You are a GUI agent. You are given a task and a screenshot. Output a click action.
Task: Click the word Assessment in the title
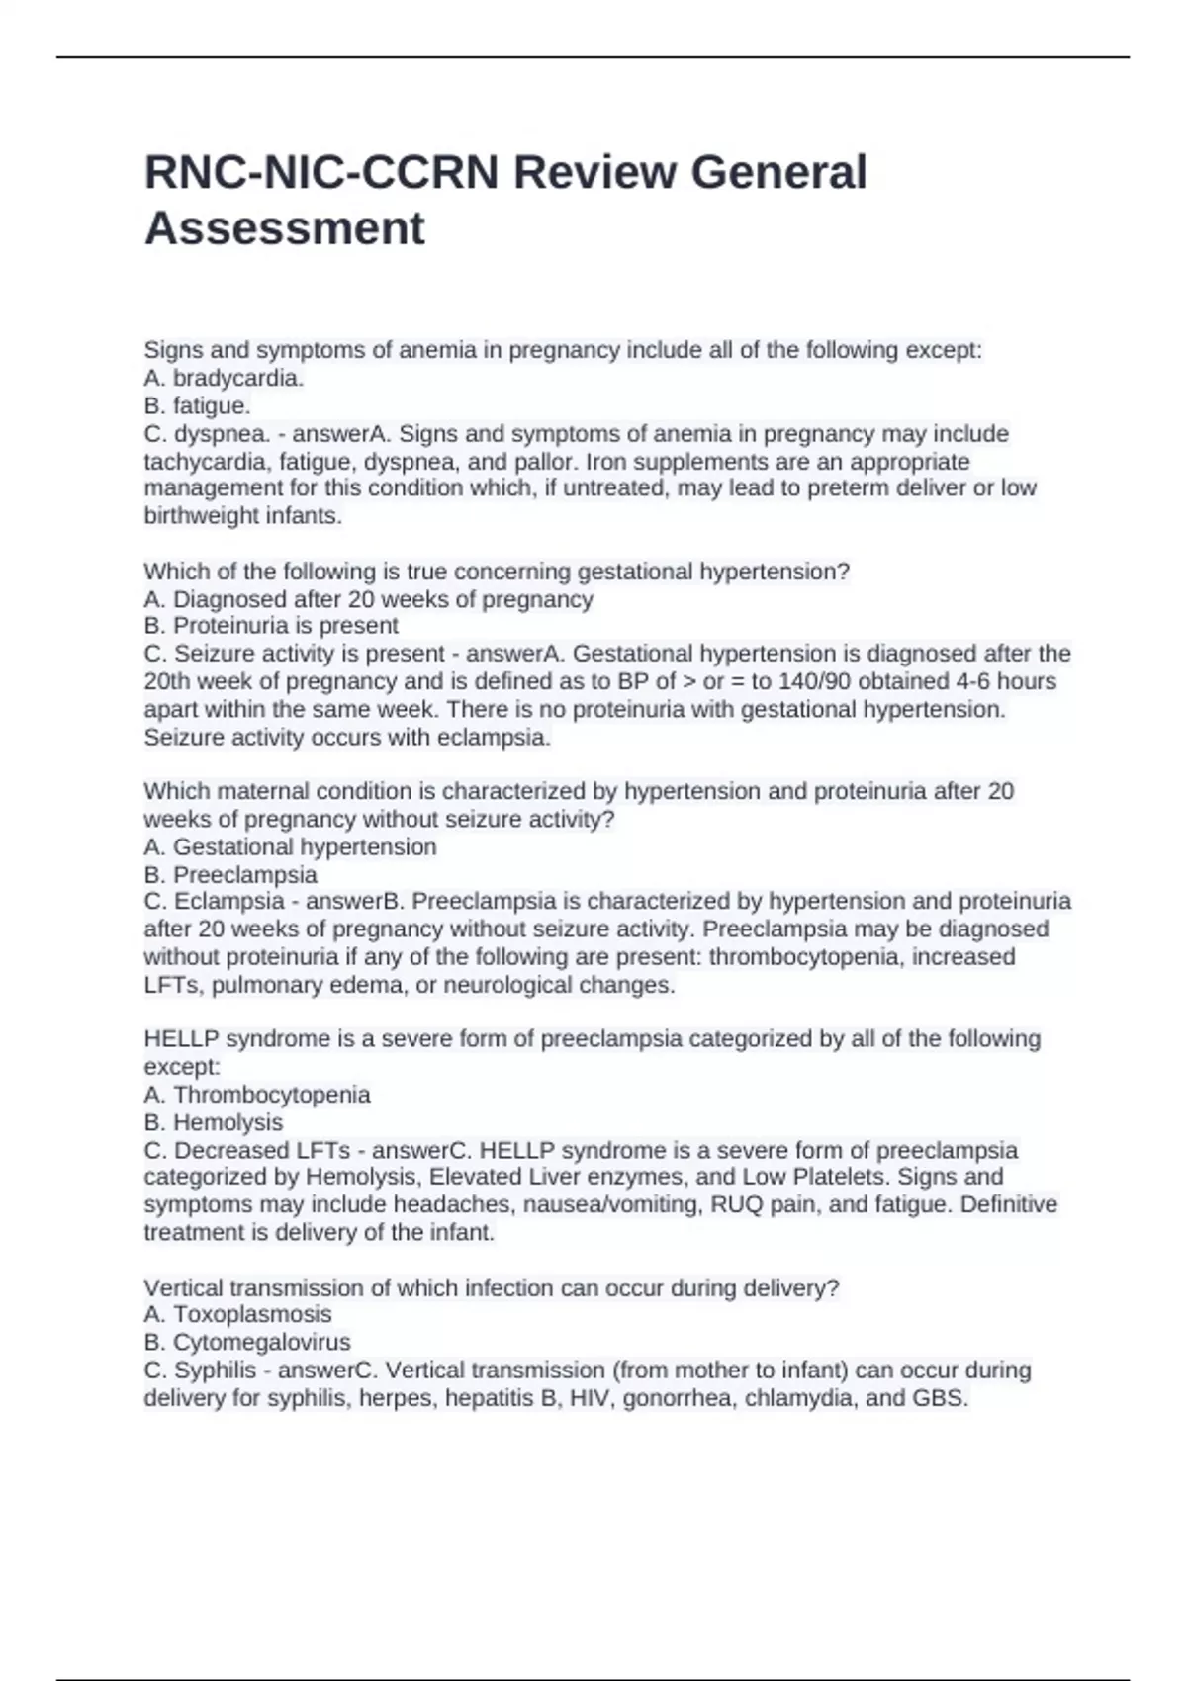(284, 228)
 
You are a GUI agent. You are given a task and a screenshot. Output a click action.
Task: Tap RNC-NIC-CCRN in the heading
(321, 172)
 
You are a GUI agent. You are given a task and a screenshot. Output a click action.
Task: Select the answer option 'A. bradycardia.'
(224, 378)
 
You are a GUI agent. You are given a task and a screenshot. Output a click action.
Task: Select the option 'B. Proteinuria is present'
(271, 626)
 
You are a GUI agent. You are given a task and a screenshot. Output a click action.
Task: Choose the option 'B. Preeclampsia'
(230, 875)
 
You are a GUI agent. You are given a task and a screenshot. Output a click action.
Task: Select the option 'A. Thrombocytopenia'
(257, 1095)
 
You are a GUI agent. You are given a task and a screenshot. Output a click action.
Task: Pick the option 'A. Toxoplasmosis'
(237, 1314)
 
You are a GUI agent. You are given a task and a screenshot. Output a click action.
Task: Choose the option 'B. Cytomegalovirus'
(247, 1342)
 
